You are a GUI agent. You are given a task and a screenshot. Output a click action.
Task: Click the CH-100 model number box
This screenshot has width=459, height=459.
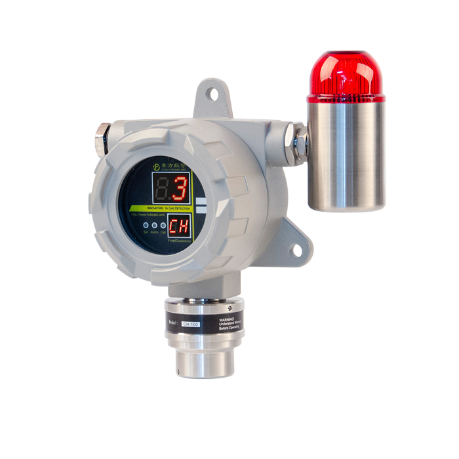tap(191, 323)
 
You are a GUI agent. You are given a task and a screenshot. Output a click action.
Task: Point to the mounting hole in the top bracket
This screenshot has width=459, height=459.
tap(213, 94)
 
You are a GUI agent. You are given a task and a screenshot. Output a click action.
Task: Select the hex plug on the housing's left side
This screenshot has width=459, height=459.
tap(102, 140)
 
